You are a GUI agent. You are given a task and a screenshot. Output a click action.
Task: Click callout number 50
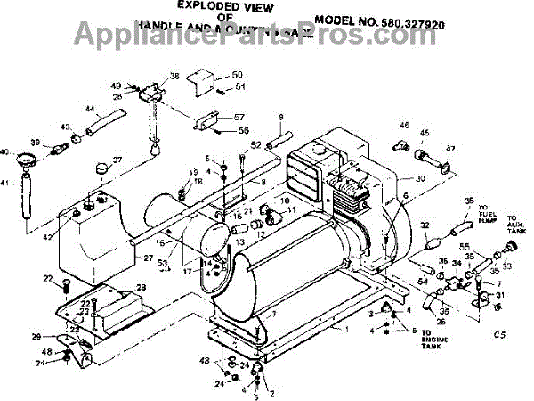tap(212, 74)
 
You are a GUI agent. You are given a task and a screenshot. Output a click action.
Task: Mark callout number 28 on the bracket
tap(140, 287)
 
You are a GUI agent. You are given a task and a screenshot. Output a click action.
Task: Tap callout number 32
tap(425, 225)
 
